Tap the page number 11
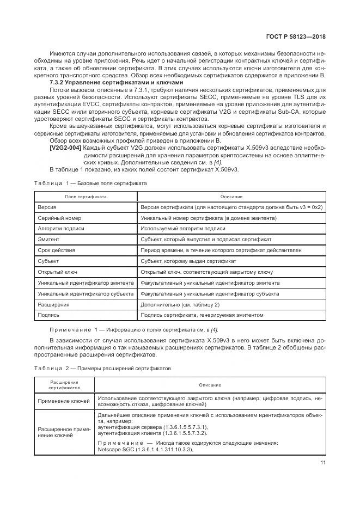(x=322, y=463)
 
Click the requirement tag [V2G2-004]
(x=66, y=148)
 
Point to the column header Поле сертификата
(x=86, y=196)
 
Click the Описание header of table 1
(x=231, y=196)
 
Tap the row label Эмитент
(x=48, y=240)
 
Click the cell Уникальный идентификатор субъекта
(x=86, y=293)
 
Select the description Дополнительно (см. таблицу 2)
(x=180, y=304)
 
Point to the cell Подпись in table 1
(x=48, y=315)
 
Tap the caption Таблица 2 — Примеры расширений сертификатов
(x=103, y=369)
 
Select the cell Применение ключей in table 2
(x=64, y=401)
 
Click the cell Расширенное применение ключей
(x=64, y=432)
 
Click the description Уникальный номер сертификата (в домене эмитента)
(x=208, y=218)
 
